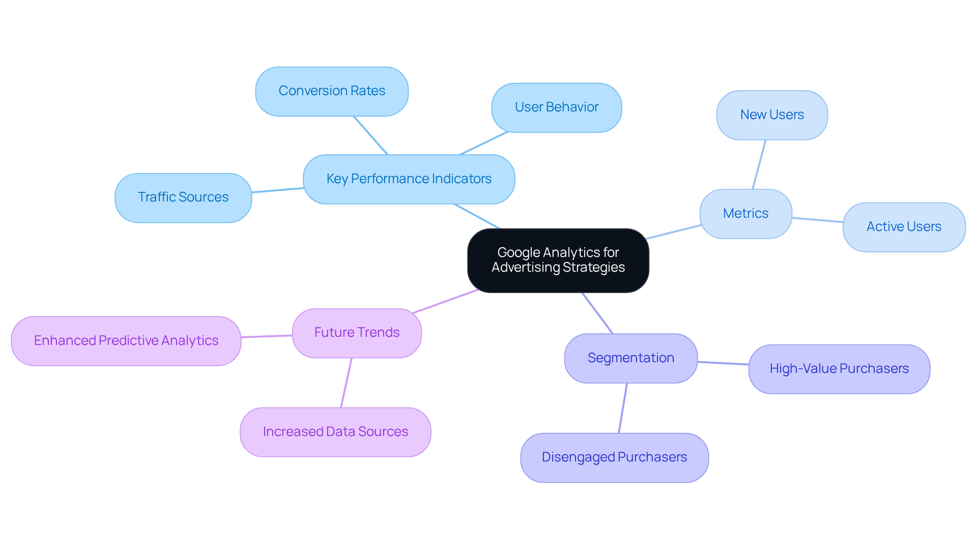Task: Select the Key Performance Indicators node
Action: tap(409, 179)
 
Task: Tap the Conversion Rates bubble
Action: tap(332, 91)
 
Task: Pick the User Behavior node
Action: tap(556, 107)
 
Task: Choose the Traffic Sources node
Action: tap(183, 197)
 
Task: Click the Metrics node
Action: tap(745, 214)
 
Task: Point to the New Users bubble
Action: tap(772, 115)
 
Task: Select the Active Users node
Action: tap(904, 227)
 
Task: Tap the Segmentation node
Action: tap(630, 358)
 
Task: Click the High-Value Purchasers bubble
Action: tap(839, 369)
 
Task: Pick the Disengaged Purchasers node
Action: tap(614, 457)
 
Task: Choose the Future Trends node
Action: tap(357, 333)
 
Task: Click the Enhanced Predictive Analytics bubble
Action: tap(126, 341)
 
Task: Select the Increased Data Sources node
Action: tap(335, 432)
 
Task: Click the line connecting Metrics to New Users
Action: tap(759, 164)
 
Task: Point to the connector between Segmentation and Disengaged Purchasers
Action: tap(623, 408)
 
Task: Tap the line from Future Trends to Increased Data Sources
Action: tap(346, 383)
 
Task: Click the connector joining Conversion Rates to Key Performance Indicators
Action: tap(370, 135)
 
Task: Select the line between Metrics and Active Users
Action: tap(817, 220)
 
